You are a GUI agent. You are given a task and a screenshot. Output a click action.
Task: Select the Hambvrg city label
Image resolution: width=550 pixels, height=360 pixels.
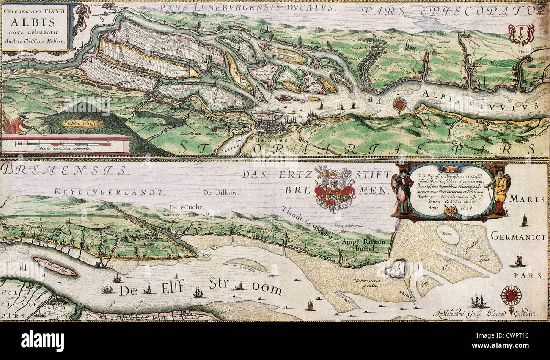tap(266, 140)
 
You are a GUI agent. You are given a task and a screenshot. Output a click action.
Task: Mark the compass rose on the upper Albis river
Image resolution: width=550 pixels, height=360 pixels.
tap(399, 104)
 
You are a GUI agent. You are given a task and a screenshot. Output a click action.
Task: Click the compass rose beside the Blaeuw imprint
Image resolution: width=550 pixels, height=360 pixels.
tap(511, 295)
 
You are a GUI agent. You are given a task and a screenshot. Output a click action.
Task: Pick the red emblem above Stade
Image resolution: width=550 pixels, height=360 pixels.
tap(521, 34)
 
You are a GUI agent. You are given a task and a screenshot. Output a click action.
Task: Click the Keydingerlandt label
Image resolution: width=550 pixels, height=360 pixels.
tap(108, 192)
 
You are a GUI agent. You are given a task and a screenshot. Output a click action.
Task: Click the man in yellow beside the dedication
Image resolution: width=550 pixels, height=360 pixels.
tap(500, 190)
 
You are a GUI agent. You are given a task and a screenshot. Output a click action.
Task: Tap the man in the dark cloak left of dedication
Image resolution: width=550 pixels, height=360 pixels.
tap(403, 190)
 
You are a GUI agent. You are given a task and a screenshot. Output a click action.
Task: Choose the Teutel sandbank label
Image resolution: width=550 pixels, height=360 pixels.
tap(447, 232)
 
